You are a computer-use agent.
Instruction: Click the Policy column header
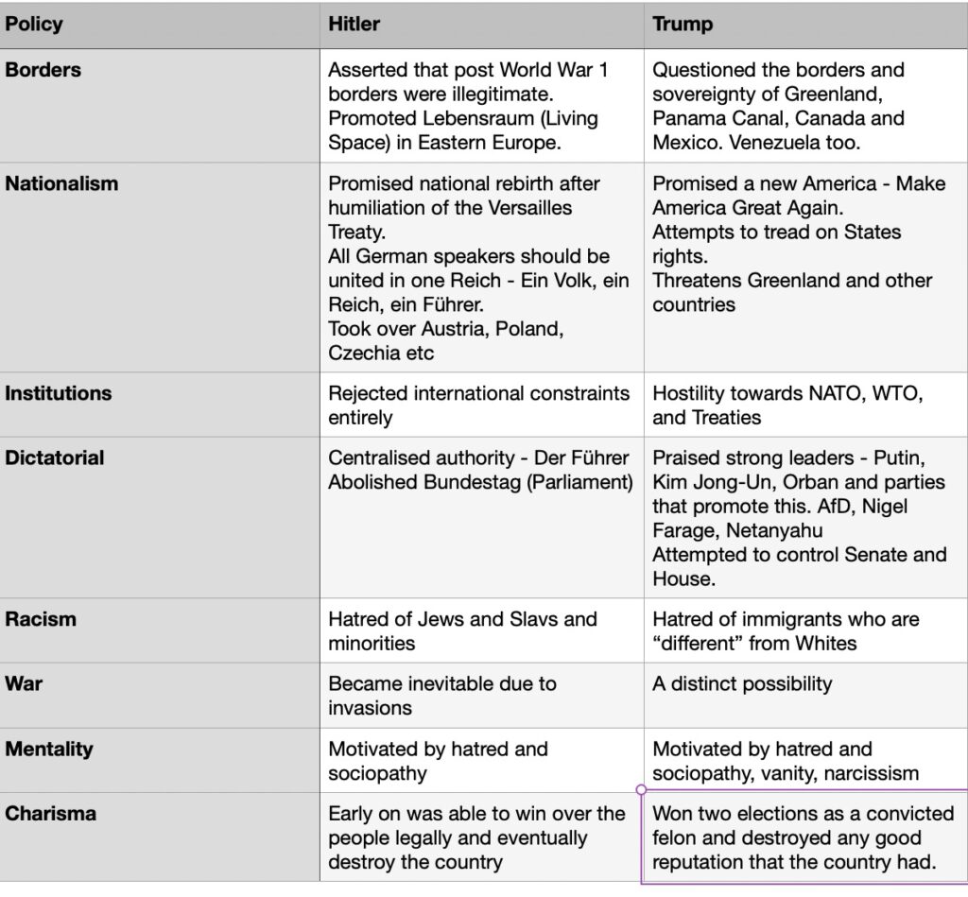pos(34,24)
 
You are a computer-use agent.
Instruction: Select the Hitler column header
pos(354,24)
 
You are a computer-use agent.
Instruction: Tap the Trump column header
pos(683,24)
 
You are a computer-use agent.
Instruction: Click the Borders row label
pos(43,70)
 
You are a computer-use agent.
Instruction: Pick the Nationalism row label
pos(61,183)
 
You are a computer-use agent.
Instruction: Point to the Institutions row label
pos(59,393)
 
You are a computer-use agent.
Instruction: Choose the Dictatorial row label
pos(55,457)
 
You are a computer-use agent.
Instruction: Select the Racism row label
pos(41,620)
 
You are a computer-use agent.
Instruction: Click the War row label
pos(24,683)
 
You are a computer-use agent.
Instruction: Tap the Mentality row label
pos(49,750)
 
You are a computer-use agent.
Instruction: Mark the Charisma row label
pos(51,814)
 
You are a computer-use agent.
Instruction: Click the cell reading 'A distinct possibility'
pos(742,683)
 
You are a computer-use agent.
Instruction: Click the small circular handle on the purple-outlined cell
pos(642,788)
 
